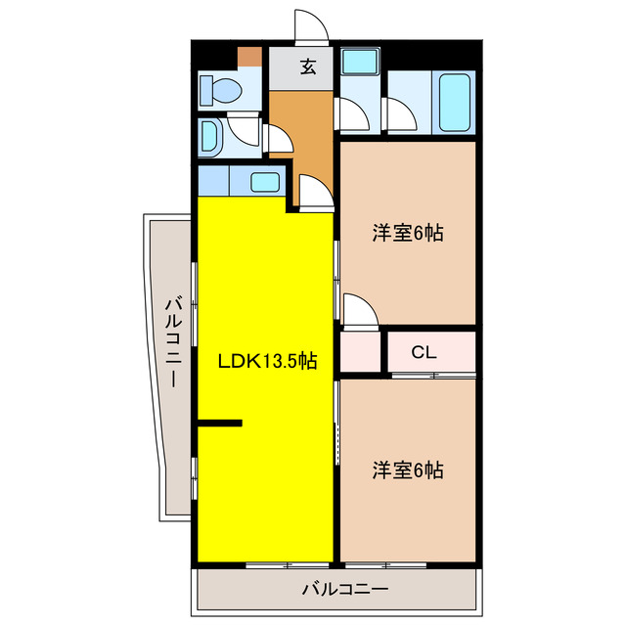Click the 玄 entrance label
[307, 67]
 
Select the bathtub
[455, 102]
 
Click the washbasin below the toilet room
[210, 138]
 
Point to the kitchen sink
[263, 181]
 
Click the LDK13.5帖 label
[266, 361]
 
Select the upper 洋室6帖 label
[407, 233]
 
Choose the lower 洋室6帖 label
[407, 470]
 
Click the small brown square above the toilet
[250, 56]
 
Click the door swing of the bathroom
[400, 116]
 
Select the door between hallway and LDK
[313, 193]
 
